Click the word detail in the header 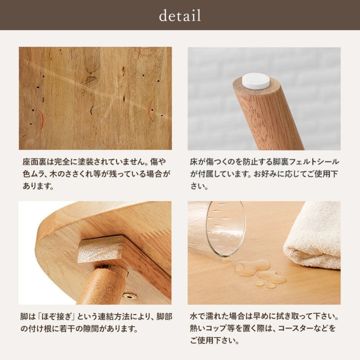coord(180,15)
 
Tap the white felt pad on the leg coord(256,81)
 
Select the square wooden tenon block coord(101,249)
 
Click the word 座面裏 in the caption coord(35,162)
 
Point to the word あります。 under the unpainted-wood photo coord(38,186)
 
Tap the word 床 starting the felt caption coord(194,162)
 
